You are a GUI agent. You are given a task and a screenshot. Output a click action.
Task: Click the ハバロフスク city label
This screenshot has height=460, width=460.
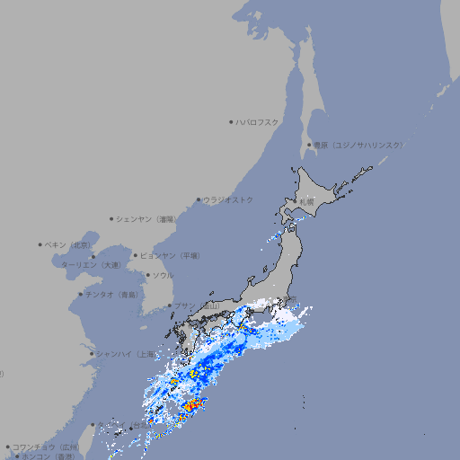click(258, 121)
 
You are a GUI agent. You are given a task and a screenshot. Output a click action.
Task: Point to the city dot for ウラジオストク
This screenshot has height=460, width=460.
click(199, 200)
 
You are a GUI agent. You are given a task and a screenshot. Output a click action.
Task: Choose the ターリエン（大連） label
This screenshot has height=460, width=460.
click(91, 265)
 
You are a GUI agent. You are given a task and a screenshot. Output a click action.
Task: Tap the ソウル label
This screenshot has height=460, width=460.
click(163, 275)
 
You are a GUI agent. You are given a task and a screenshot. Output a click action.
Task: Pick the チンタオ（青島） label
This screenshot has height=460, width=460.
click(111, 295)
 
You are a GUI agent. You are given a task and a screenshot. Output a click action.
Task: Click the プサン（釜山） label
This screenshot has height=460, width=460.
click(197, 306)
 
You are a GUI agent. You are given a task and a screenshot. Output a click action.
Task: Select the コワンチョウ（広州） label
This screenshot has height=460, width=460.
click(45, 447)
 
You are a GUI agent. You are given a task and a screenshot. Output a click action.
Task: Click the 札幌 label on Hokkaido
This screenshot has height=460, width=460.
click(308, 202)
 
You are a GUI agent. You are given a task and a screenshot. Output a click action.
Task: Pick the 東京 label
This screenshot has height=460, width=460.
click(289, 301)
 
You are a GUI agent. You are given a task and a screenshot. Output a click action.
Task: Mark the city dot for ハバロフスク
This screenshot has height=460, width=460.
click(231, 121)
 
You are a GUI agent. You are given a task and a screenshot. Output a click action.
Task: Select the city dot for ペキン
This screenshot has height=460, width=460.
click(40, 244)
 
